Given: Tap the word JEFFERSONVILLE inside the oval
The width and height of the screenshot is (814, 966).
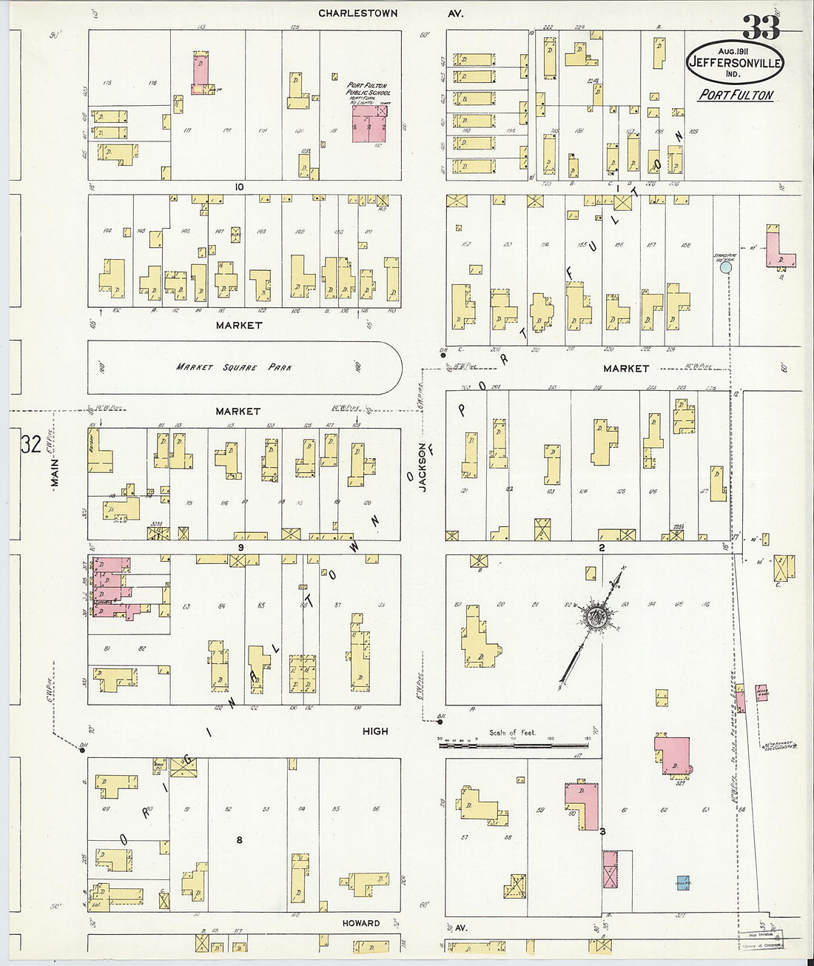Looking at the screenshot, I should click(x=735, y=64).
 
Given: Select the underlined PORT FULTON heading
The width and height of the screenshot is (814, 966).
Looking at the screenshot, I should click(x=736, y=95).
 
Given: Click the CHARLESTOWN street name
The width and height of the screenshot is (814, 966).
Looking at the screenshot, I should click(x=358, y=13).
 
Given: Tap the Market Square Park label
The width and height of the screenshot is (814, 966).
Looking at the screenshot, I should click(x=233, y=367).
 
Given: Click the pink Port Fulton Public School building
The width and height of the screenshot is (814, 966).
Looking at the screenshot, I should click(x=369, y=123).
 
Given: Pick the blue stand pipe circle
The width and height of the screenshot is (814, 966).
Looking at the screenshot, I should click(x=726, y=268).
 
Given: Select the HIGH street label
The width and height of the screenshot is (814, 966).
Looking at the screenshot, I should click(x=375, y=731).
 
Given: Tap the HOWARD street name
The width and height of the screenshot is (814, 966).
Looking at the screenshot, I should click(x=361, y=923).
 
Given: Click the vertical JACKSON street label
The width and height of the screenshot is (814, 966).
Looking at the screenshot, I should click(x=423, y=466).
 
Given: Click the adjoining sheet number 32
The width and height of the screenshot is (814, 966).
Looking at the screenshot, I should click(x=30, y=445).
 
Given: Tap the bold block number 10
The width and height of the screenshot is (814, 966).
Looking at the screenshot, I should click(x=238, y=187).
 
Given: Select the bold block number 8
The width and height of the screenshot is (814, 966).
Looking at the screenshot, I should click(x=239, y=840).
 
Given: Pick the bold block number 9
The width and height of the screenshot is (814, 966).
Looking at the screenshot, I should click(x=240, y=547).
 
